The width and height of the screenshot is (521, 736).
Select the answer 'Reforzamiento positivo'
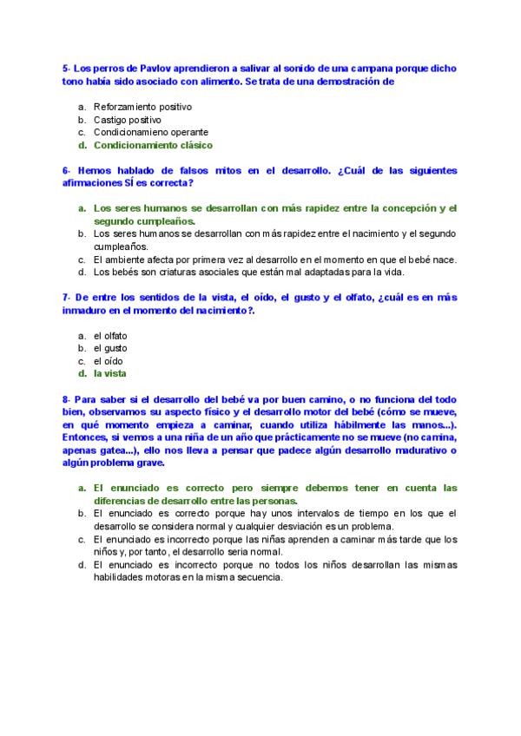tap(142, 107)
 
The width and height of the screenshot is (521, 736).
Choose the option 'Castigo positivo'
tap(127, 120)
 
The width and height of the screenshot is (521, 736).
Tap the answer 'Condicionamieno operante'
tap(150, 133)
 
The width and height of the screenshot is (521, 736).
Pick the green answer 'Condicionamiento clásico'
tap(153, 146)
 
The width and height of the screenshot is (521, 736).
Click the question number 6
tap(66, 171)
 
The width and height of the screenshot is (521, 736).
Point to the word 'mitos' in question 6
tap(221, 171)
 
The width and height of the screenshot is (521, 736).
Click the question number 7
tap(66, 297)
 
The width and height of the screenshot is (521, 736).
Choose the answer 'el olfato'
tap(111, 335)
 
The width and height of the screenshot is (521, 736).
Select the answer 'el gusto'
tap(110, 348)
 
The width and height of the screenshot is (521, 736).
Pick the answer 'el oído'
tap(109, 361)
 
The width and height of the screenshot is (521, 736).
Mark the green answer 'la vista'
tap(110, 374)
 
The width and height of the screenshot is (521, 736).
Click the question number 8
tap(66, 399)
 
